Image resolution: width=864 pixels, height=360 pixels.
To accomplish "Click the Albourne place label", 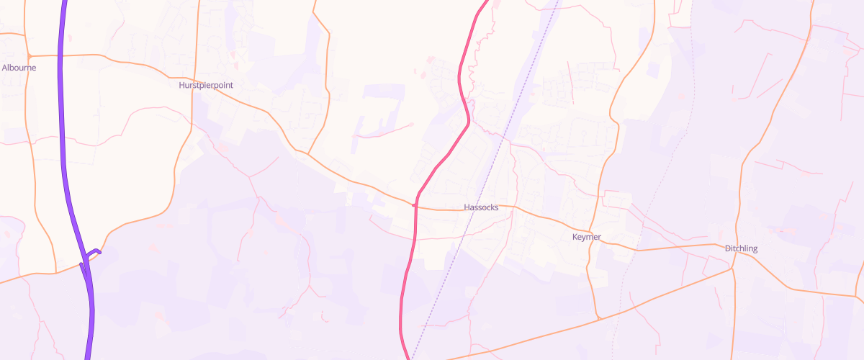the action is (x=19, y=68).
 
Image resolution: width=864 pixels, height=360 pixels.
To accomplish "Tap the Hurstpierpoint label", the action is (x=206, y=85).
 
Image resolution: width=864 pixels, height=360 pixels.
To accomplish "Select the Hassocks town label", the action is (x=482, y=207).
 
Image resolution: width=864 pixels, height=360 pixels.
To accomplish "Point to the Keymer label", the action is (x=586, y=237).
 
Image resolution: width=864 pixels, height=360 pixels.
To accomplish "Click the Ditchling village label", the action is (x=741, y=248).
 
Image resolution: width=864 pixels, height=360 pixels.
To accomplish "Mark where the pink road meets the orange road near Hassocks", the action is (x=415, y=205).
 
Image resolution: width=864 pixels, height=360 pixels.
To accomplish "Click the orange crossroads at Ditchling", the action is (x=732, y=269).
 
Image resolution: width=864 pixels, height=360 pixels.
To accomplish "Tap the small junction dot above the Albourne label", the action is (x=29, y=55).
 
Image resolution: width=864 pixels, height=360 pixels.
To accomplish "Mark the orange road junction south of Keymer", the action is (x=598, y=318).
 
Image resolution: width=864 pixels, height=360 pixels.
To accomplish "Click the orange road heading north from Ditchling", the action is (x=749, y=158).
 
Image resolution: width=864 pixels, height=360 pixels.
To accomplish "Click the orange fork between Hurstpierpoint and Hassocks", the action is (x=308, y=153).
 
